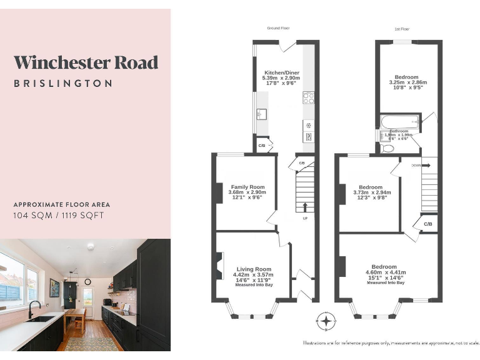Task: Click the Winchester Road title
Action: pos(86,62)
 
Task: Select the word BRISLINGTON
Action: pos(63,83)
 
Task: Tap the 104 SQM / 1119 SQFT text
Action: pos(59,216)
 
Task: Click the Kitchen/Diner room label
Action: pos(282,73)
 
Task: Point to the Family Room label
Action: pos(248,187)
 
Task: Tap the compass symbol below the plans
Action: pos(326,321)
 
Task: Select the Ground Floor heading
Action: pos(278,28)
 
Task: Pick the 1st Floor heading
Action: pos(401,29)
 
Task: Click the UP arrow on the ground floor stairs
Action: pos(305,207)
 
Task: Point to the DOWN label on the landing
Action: pos(416,166)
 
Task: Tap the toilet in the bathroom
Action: pos(387,148)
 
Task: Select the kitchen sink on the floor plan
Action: pos(261,114)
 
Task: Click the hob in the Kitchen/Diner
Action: pos(308,97)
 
